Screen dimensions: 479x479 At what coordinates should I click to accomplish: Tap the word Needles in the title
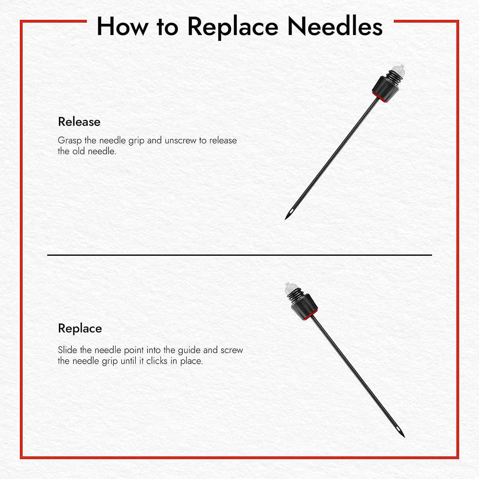335,26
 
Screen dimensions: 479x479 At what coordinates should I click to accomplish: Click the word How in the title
122,26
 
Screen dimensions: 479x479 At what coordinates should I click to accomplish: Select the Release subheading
79,122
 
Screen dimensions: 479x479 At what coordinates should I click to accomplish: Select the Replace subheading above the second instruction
80,329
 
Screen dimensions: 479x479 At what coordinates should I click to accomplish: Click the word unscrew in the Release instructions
180,141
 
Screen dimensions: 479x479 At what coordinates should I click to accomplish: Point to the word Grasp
69,141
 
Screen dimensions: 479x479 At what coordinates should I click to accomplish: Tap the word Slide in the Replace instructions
67,350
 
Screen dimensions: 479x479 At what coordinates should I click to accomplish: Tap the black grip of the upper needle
385,90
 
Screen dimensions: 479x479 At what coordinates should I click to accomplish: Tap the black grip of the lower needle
304,307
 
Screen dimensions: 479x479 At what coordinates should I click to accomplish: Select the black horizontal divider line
240,255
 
